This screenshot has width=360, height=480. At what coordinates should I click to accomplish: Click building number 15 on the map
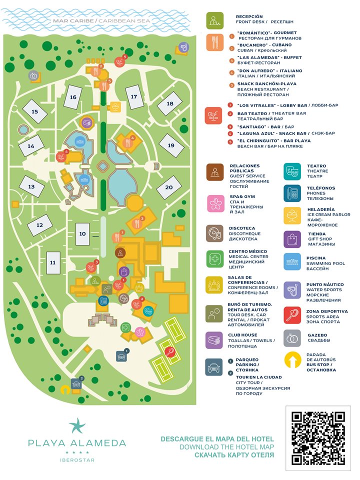[35, 112]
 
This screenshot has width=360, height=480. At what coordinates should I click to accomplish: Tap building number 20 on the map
[168, 187]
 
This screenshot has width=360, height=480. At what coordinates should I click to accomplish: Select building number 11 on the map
[52, 261]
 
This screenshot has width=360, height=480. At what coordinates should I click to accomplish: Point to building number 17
[134, 97]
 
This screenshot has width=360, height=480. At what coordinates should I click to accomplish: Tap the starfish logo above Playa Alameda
[77, 425]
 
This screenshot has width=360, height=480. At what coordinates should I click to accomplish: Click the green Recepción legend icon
[215, 20]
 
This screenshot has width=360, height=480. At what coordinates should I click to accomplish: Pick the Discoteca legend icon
[215, 233]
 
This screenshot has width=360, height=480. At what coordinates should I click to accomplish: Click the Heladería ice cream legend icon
[292, 216]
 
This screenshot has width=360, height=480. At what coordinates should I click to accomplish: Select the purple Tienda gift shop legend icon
[292, 239]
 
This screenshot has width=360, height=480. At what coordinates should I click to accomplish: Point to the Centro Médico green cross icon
[215, 258]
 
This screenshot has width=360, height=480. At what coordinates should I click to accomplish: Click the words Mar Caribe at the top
[74, 21]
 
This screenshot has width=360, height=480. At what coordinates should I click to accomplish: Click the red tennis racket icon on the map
[170, 351]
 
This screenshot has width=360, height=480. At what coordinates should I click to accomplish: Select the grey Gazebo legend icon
[292, 338]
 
